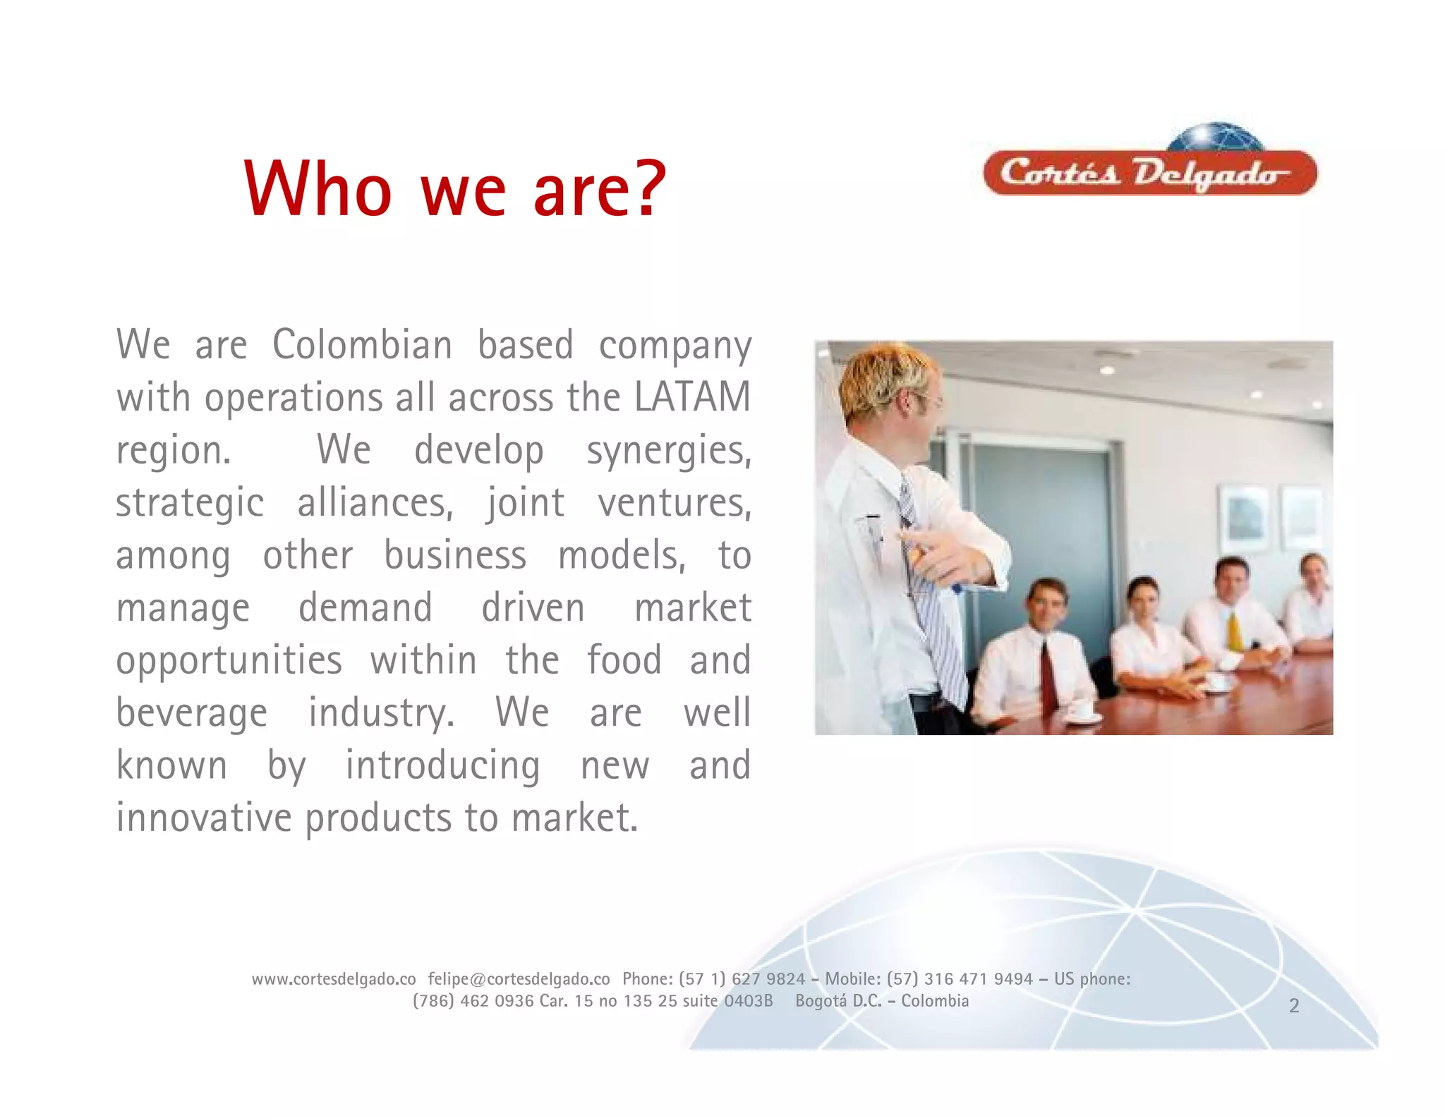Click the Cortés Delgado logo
pyautogui.click(x=1150, y=170)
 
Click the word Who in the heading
pyautogui.click(x=318, y=189)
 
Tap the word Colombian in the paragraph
pyautogui.click(x=362, y=345)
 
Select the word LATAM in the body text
pyautogui.click(x=692, y=397)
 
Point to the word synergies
pyautogui.click(x=668, y=451)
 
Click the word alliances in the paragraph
pyautogui.click(x=375, y=503)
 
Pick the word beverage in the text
pyautogui.click(x=192, y=713)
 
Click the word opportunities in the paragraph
pyautogui.click(x=229, y=661)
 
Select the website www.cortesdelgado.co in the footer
pyautogui.click(x=334, y=979)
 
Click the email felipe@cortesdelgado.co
pyautogui.click(x=519, y=979)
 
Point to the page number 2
pyautogui.click(x=1294, y=1006)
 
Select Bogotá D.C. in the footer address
pyautogui.click(x=838, y=1001)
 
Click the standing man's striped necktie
pyautogui.click(x=931, y=600)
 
